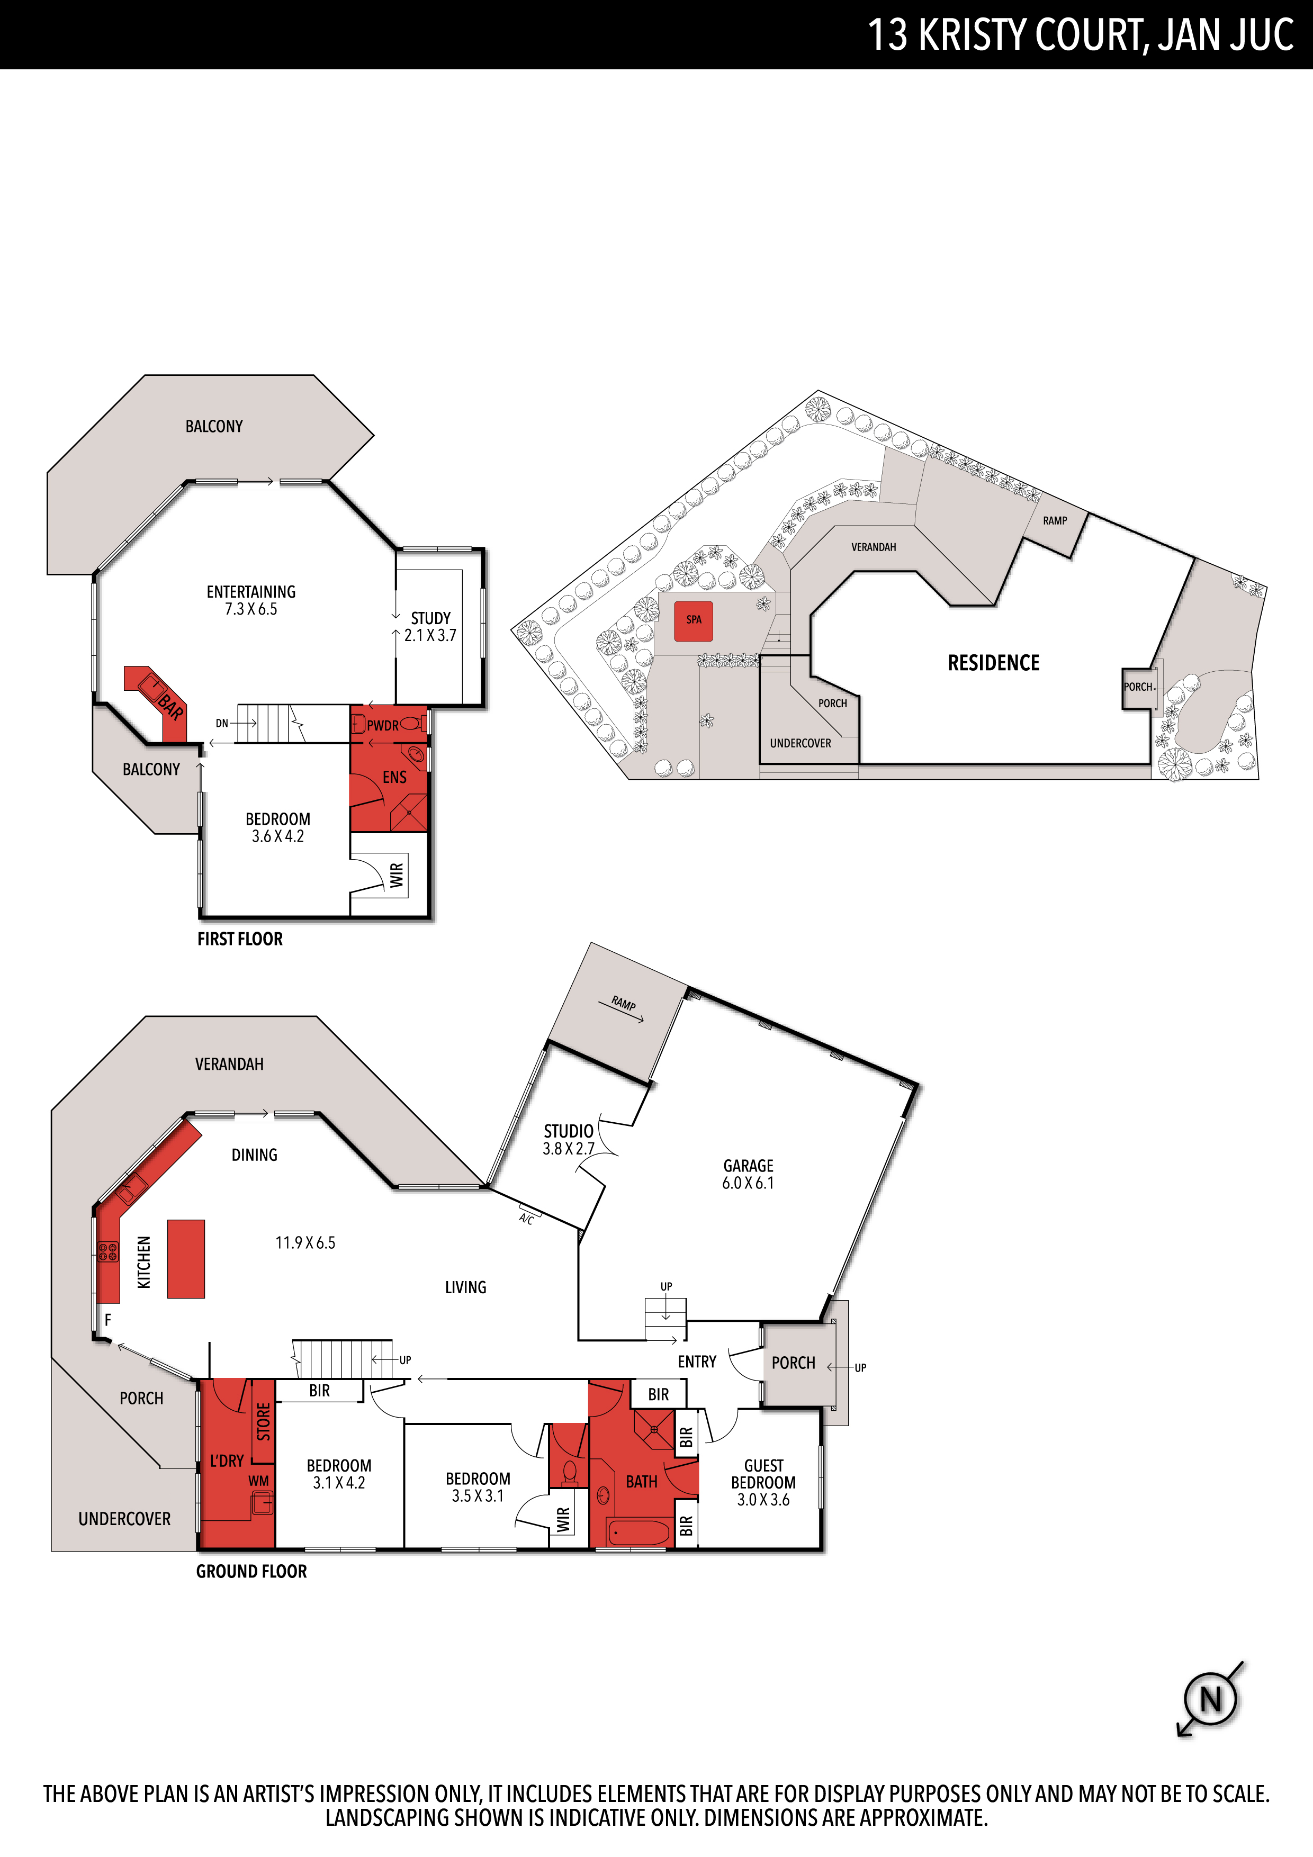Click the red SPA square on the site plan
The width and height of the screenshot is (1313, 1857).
(694, 621)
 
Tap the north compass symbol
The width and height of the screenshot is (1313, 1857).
(1210, 1699)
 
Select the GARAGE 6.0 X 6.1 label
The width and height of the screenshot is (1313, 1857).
(748, 1174)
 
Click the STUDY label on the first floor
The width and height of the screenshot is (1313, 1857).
(430, 618)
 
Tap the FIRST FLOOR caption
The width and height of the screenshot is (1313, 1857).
(240, 939)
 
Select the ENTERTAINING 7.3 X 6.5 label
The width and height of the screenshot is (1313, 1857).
(251, 600)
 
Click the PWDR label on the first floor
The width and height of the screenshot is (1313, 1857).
(383, 726)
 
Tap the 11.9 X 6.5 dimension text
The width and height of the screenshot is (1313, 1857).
(305, 1242)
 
